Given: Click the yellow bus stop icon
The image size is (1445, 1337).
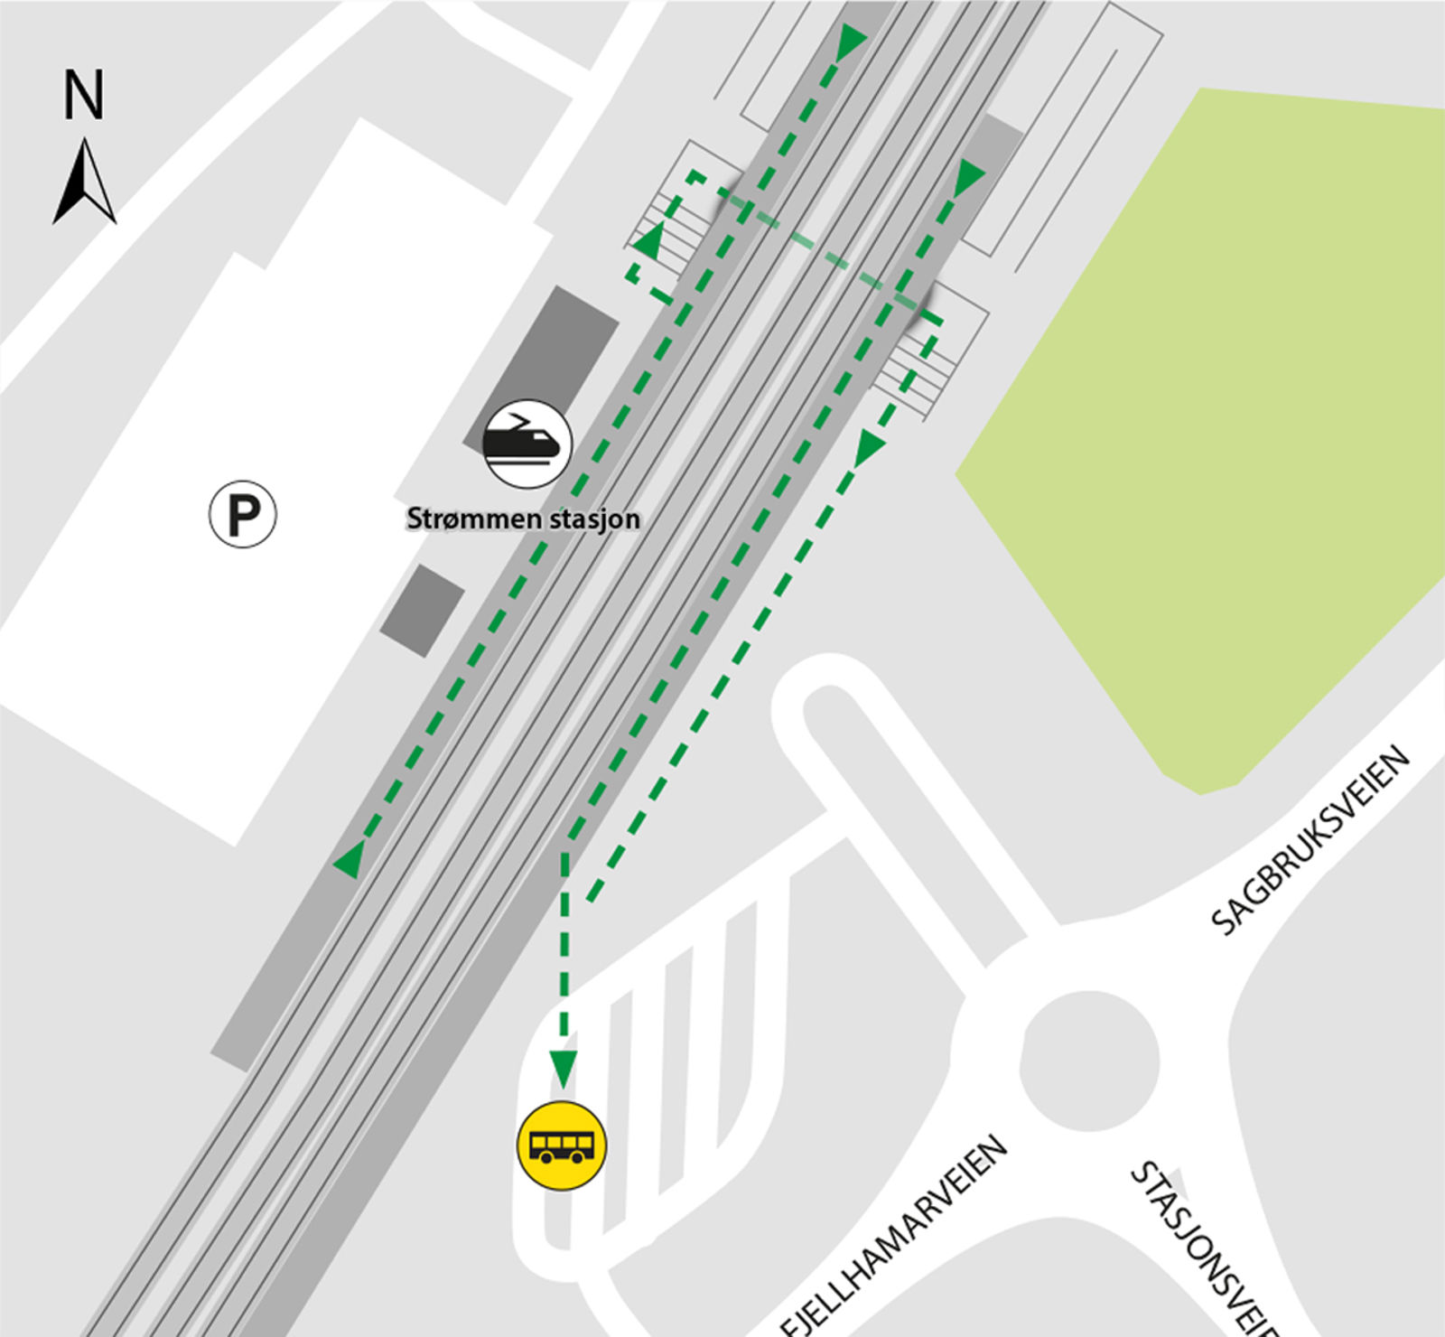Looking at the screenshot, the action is point(561,1146).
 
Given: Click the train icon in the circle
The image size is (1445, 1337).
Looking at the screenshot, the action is point(527,444).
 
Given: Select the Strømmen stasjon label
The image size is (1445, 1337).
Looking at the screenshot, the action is point(523,519).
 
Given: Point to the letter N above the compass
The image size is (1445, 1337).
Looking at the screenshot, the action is point(84,95).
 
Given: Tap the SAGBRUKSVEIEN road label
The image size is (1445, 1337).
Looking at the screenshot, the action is point(1310,839).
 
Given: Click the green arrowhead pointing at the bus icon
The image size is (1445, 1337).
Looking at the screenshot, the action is point(564,1068).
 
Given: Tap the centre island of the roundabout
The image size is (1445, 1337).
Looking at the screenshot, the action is point(1089,1061).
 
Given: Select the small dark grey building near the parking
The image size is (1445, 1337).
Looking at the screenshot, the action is point(422,611).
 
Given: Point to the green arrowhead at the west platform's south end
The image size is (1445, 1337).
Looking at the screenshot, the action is point(350,859).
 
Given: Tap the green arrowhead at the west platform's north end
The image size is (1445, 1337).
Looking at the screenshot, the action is point(851,42).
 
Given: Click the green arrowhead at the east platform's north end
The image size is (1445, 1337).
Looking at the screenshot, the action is point(968,176).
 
